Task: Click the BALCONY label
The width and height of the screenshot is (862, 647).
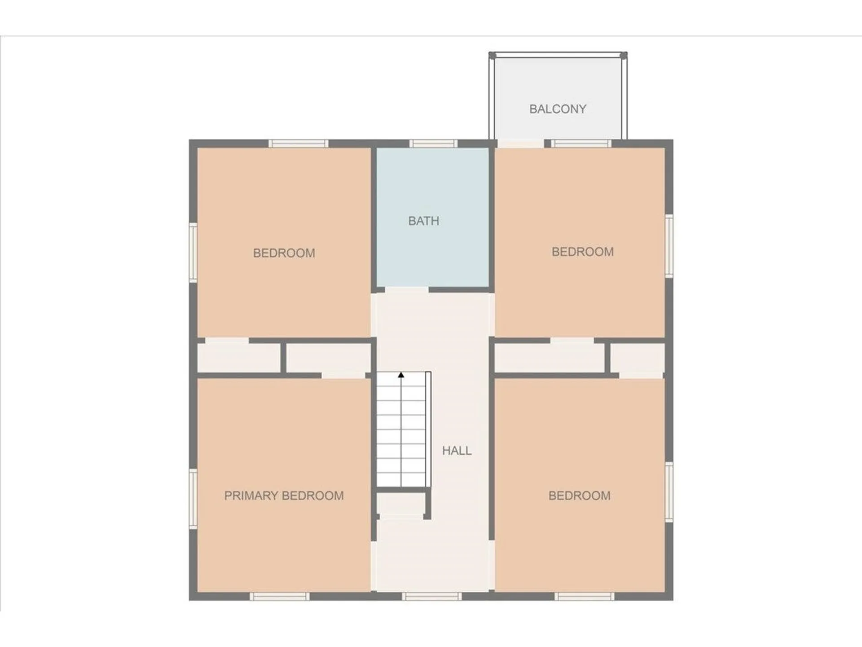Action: pyautogui.click(x=558, y=109)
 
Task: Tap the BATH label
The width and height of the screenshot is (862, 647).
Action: pyautogui.click(x=423, y=221)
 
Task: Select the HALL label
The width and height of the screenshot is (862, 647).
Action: pyautogui.click(x=457, y=451)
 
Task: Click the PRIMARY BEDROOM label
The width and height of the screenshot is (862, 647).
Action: pyautogui.click(x=284, y=496)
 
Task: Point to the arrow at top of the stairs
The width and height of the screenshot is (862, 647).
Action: pyautogui.click(x=401, y=375)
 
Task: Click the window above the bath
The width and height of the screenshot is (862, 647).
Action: pyautogui.click(x=433, y=144)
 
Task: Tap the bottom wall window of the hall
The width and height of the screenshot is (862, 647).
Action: pyautogui.click(x=431, y=596)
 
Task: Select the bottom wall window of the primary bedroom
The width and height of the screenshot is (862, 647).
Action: pyautogui.click(x=279, y=596)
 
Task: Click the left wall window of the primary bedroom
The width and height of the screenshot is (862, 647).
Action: pyautogui.click(x=193, y=498)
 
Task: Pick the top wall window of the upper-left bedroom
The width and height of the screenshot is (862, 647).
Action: pyautogui.click(x=299, y=144)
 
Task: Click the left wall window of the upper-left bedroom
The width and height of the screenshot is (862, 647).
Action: pyautogui.click(x=193, y=253)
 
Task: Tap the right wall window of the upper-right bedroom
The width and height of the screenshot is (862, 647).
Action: pyautogui.click(x=668, y=245)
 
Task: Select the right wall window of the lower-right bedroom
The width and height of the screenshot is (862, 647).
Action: pyautogui.click(x=668, y=492)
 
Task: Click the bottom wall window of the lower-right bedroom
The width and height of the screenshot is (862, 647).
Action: pyautogui.click(x=584, y=596)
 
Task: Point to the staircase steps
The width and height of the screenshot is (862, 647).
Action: pyautogui.click(x=400, y=431)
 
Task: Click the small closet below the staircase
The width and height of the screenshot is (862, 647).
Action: pyautogui.click(x=400, y=503)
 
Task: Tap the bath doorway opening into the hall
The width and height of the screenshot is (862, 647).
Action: pyautogui.click(x=407, y=290)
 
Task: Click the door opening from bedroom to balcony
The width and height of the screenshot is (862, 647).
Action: pyautogui.click(x=520, y=144)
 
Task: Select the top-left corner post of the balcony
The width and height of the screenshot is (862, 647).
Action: pyautogui.click(x=492, y=55)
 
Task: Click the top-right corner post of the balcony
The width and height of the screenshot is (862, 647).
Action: pyautogui.click(x=623, y=55)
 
